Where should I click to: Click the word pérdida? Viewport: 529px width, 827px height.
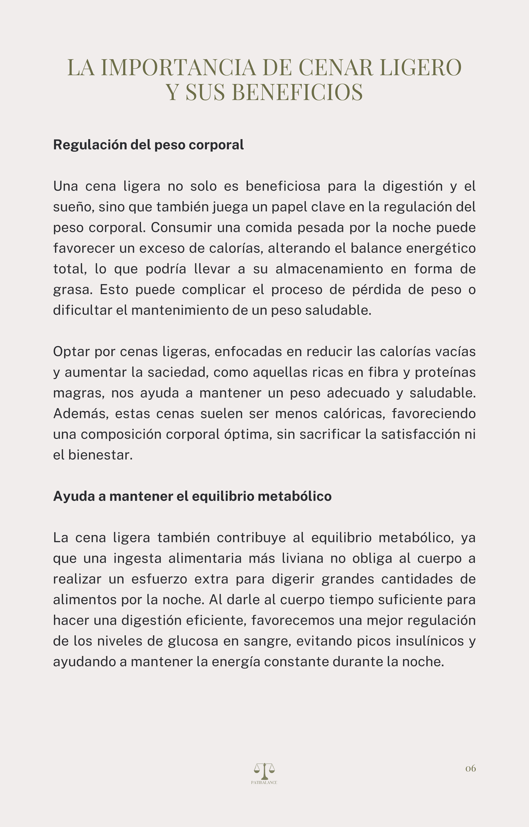pos(376,290)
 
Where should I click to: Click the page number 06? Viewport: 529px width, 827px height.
pos(470,768)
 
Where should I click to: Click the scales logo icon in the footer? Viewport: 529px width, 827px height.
pos(264,771)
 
